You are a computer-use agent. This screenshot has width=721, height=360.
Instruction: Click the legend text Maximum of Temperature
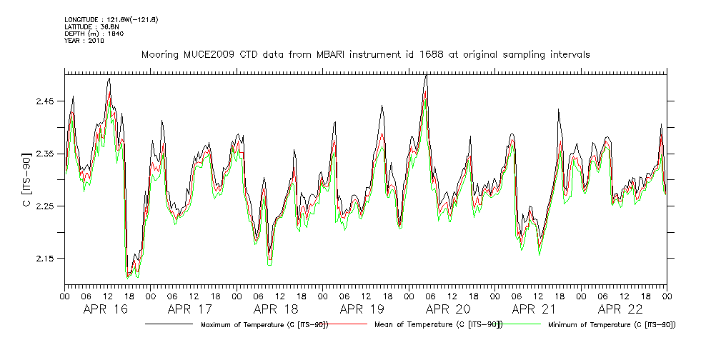point(262,325)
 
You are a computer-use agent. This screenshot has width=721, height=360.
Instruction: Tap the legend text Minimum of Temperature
point(611,325)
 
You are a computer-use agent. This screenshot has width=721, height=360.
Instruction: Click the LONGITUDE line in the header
point(111,19)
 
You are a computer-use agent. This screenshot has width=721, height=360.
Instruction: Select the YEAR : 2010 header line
point(84,41)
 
